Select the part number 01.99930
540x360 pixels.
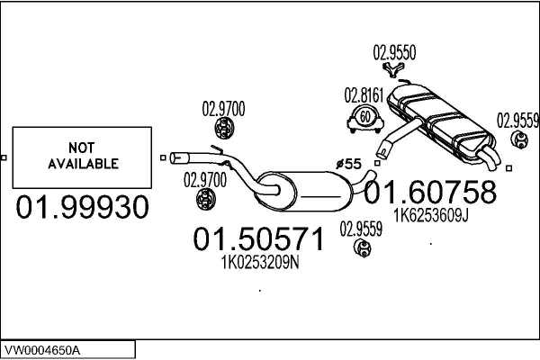click(x=82, y=208)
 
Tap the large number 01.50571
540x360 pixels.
click(x=258, y=239)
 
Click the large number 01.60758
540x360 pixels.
click(x=429, y=192)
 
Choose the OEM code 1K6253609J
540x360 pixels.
click(x=429, y=215)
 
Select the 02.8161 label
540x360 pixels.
click(x=363, y=94)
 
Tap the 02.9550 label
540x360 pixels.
click(x=394, y=52)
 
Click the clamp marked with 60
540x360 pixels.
click(x=363, y=117)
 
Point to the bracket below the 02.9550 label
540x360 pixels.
click(x=391, y=71)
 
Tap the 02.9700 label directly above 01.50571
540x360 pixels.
click(x=204, y=178)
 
